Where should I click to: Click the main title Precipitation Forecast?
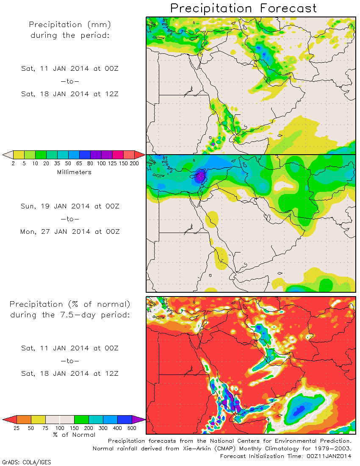click(244, 8)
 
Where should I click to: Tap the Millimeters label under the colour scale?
click(74, 172)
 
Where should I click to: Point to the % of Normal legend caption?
click(74, 435)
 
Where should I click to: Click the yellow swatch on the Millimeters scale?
click(19, 155)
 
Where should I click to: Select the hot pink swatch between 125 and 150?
click(118, 155)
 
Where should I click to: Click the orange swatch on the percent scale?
click(24, 419)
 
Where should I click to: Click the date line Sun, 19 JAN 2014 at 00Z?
click(70, 206)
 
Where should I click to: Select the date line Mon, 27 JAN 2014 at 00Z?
click(70, 232)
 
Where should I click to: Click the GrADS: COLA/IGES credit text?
click(27, 462)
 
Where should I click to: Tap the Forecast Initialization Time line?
click(286, 456)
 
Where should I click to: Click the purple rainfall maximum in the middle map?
click(199, 176)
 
